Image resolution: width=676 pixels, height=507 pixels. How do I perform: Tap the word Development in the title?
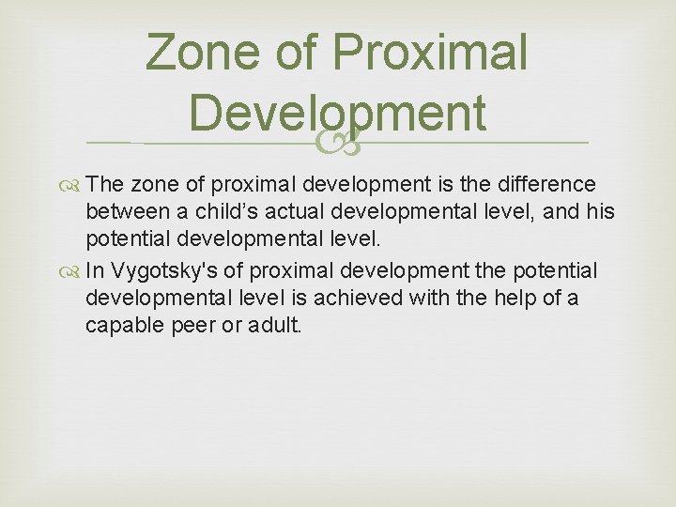click(337, 113)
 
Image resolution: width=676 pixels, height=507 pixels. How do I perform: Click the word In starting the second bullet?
click(94, 271)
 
